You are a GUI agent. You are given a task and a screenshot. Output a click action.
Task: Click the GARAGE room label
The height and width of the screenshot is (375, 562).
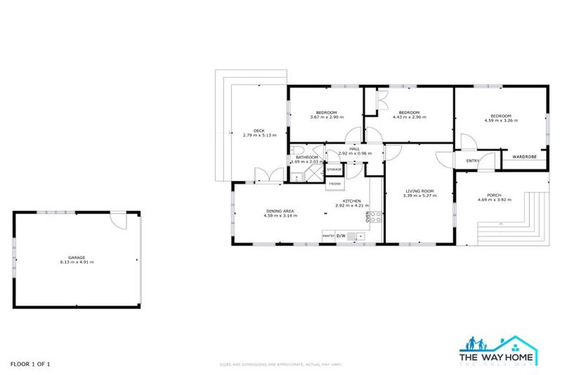(77, 257)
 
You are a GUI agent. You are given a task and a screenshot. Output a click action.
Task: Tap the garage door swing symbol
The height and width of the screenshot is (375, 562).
(118, 220)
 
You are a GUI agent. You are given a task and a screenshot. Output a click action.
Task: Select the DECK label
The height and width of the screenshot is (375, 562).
(259, 130)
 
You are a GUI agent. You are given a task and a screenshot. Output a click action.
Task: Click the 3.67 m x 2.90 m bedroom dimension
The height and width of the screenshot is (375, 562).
(326, 117)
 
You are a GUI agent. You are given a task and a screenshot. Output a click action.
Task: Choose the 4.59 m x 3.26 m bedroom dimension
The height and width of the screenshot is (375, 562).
(501, 120)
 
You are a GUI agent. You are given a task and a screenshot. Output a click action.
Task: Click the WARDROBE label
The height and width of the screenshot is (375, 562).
(524, 156)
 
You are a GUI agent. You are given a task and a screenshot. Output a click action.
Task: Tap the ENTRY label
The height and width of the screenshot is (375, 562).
(473, 161)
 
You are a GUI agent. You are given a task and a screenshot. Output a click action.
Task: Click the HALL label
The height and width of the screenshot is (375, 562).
(354, 149)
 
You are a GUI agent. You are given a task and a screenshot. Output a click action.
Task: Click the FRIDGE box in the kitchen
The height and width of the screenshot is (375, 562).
(335, 183)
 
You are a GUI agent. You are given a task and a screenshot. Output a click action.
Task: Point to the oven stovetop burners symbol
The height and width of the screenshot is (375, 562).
(375, 217)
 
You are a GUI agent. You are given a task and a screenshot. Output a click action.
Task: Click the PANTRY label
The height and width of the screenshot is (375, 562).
(329, 236)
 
